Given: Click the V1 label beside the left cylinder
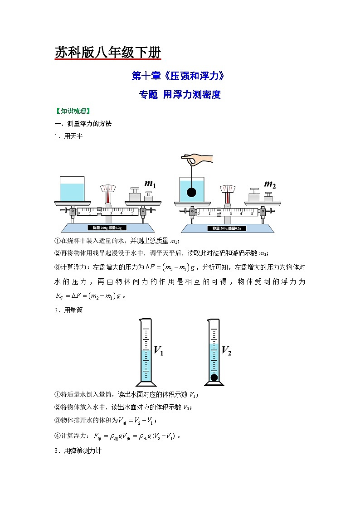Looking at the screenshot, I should coord(159,351).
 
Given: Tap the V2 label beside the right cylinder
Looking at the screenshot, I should coord(226,351).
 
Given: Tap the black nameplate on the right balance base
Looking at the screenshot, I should coord(227,228).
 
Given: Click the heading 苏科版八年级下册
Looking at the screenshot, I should coord(107,53).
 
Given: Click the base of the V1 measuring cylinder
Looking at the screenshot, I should coord(146,383).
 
